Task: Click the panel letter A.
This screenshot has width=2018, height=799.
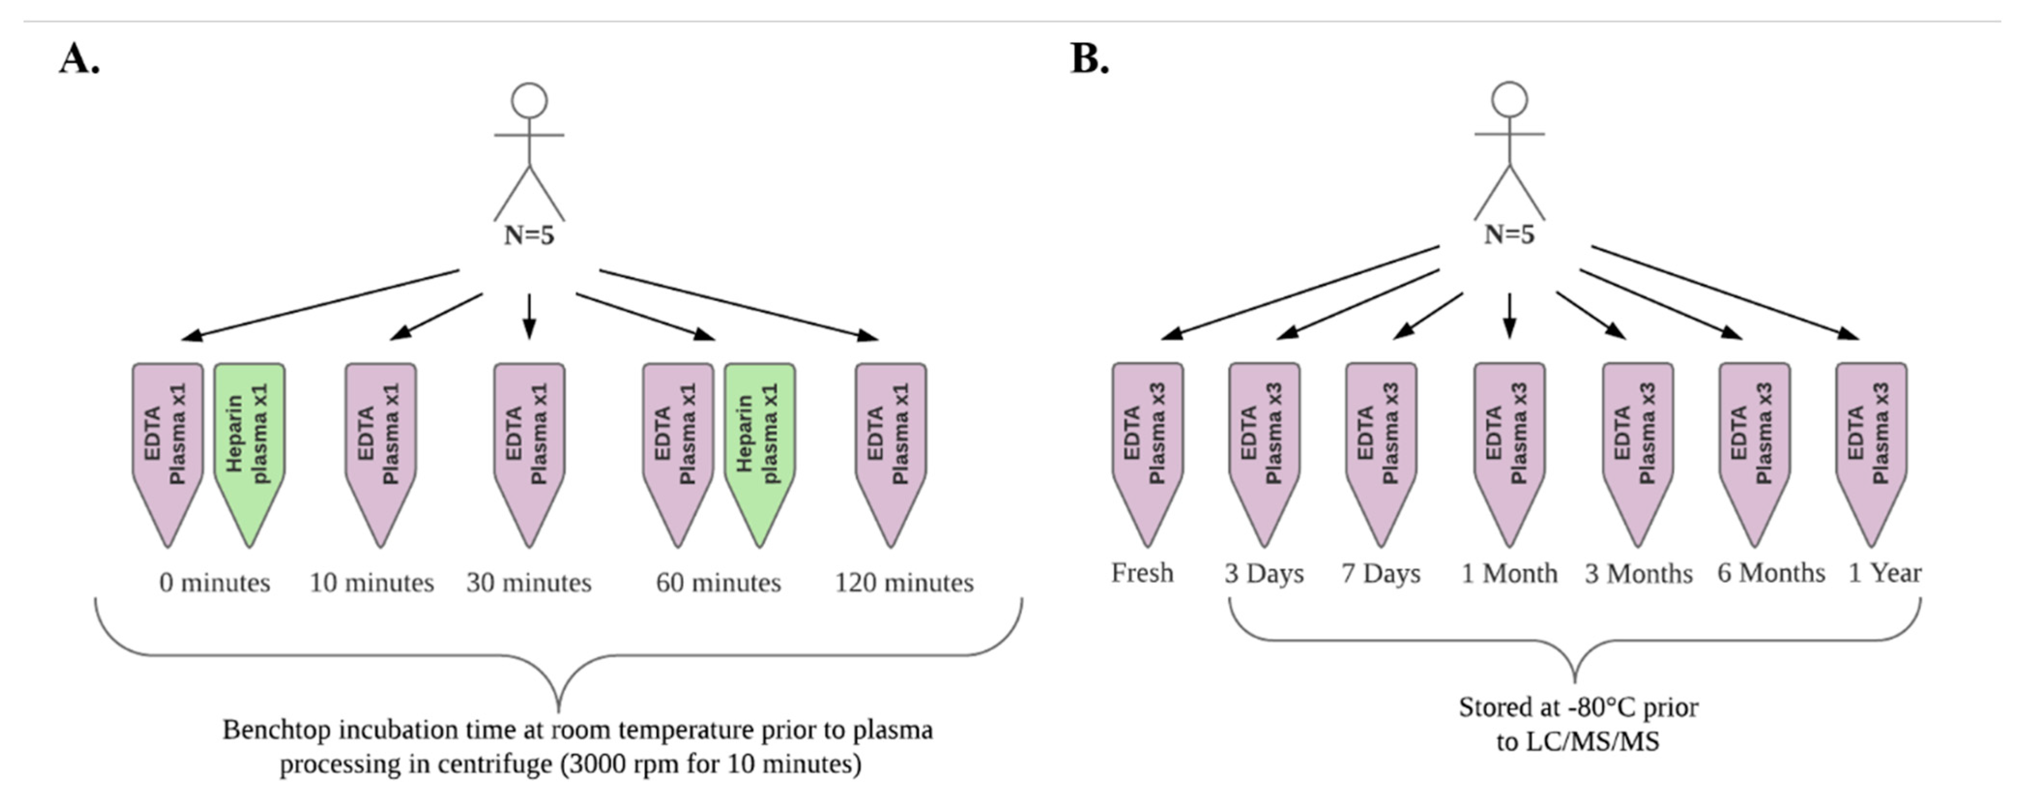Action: pyautogui.click(x=78, y=59)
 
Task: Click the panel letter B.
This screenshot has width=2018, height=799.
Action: pyautogui.click(x=1089, y=59)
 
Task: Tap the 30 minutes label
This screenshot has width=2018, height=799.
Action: pyautogui.click(x=529, y=583)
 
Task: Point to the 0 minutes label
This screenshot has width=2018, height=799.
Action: pyautogui.click(x=215, y=583)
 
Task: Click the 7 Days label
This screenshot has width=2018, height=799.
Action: pyautogui.click(x=1380, y=573)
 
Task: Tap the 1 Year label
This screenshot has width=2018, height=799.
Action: pyautogui.click(x=1884, y=573)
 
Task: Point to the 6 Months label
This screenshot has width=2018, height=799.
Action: pyautogui.click(x=1771, y=573)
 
